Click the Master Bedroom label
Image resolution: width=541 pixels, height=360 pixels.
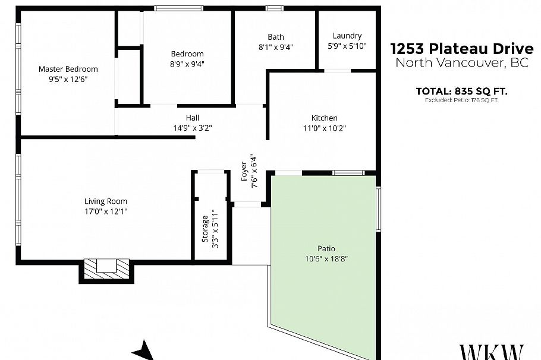pos(68,69)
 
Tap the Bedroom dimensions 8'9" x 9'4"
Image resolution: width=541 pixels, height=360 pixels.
pos(187,64)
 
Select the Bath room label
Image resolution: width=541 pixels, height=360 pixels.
pos(276,37)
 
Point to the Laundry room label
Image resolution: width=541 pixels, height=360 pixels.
pos(347,36)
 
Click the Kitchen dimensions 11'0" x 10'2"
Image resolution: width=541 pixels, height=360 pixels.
pos(325,128)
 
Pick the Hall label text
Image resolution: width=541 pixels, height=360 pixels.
pos(192,117)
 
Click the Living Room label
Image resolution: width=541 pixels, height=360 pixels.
pos(105,201)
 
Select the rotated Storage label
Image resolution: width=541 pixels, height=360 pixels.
pos(205,229)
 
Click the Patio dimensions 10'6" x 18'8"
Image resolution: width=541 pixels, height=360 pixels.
pos(326,258)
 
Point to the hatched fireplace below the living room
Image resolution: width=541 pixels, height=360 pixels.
pos(106,269)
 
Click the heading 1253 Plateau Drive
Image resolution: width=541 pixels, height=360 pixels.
pos(461,48)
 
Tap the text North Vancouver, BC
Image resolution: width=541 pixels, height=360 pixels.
pos(461,63)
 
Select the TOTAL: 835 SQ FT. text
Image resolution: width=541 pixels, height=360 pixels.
pos(461,91)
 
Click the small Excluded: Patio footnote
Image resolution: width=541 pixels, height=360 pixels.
pos(461,100)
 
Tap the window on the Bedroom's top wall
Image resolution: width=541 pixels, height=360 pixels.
pos(179,8)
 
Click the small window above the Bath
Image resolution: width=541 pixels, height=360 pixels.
pos(274,8)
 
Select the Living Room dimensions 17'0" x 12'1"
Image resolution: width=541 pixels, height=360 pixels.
pos(105,211)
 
